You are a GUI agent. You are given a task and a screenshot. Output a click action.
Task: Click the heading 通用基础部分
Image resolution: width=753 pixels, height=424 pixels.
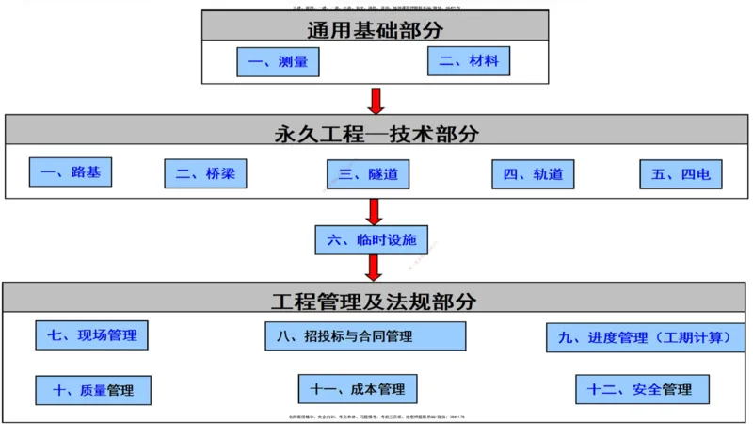pos(375,27)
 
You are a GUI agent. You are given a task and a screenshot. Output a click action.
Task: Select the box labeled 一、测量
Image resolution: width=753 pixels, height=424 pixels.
pos(278,62)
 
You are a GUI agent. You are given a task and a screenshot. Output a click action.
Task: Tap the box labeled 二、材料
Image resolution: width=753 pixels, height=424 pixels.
pos(469,62)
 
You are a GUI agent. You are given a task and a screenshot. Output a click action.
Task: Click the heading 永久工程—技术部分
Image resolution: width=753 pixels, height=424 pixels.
pos(376,133)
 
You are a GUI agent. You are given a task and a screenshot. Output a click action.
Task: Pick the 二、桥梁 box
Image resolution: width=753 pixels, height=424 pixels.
pos(205,174)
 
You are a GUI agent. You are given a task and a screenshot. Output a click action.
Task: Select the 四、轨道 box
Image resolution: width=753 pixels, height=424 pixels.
pos(533,174)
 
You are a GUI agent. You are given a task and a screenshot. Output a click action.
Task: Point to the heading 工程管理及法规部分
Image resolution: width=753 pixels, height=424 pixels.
pos(374,302)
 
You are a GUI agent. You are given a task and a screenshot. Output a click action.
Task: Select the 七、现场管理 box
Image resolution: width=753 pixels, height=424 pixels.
pos(92,334)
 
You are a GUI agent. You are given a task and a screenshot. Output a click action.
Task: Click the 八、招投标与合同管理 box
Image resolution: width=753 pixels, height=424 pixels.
pos(365,335)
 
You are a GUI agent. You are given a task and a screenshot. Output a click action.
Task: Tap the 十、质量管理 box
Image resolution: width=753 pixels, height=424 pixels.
pos(92,390)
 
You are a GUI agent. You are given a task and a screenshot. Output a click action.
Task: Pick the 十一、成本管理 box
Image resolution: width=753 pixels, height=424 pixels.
pos(358,389)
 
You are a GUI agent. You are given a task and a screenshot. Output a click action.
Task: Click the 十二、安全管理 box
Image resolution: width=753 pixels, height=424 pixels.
pos(641,389)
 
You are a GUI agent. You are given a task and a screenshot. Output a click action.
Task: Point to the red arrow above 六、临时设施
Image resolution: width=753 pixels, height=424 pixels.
pos(375,211)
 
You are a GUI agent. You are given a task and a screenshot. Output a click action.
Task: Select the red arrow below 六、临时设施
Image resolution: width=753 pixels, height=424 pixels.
pos(374,268)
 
